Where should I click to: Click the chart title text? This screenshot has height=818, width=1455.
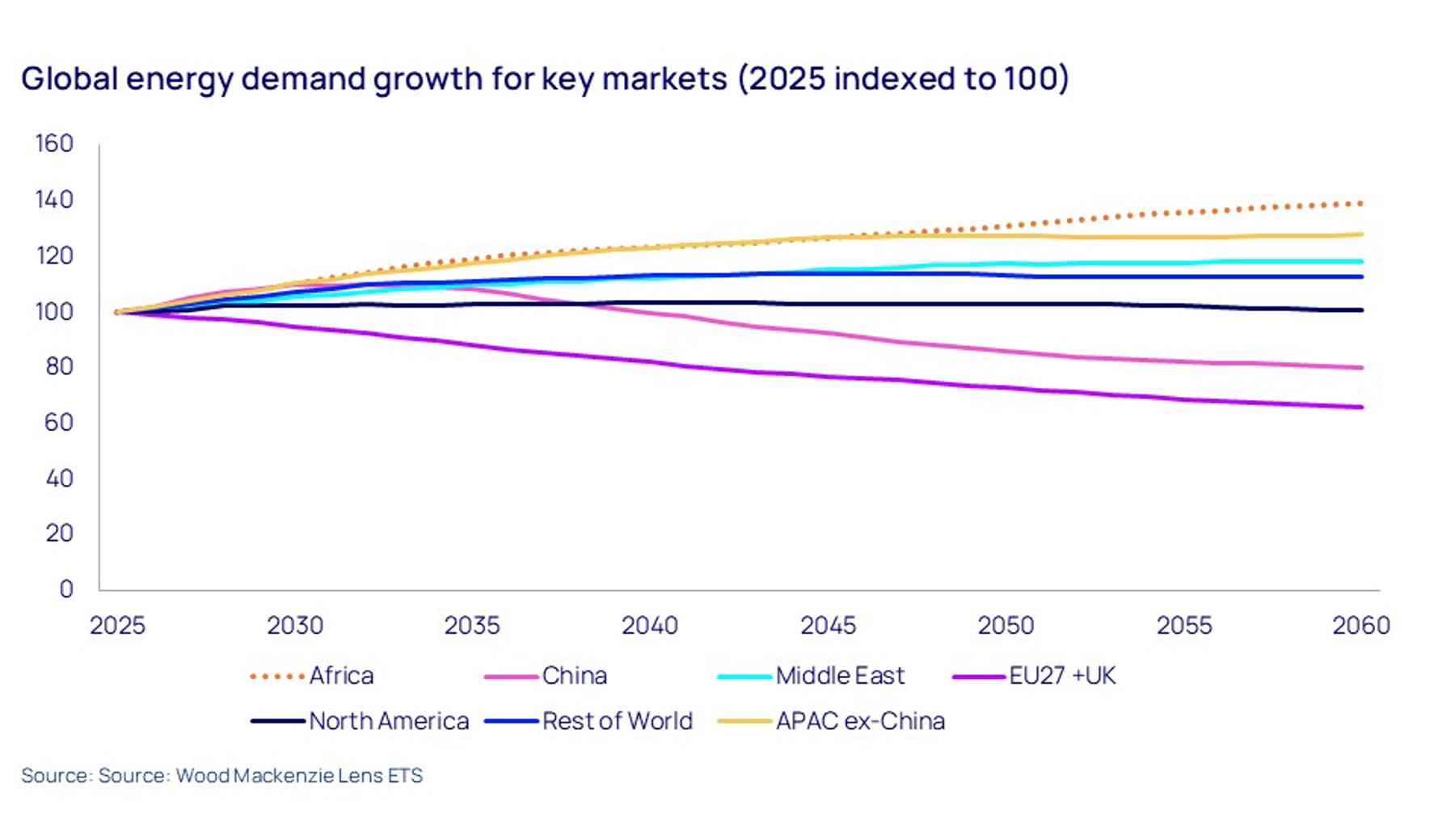pos(545,79)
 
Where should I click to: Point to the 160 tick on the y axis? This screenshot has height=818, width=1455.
pos(54,144)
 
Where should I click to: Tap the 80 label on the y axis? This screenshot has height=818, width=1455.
pos(58,367)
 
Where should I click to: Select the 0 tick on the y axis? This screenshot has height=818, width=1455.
pos(66,589)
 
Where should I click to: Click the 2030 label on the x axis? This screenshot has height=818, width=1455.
pos(295,626)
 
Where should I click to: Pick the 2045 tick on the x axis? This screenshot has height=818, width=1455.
pos(828,626)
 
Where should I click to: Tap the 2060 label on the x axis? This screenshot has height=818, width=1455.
pos(1361,626)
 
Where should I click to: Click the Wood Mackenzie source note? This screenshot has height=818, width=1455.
pos(221,776)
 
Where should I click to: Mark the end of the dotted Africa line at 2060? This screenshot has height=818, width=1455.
pos(1361,204)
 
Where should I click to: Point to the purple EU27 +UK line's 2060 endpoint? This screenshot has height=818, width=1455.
pos(1361,407)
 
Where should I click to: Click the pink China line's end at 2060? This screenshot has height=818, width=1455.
pos(1361,368)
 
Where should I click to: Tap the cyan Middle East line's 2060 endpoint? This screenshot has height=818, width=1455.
pos(1361,261)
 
